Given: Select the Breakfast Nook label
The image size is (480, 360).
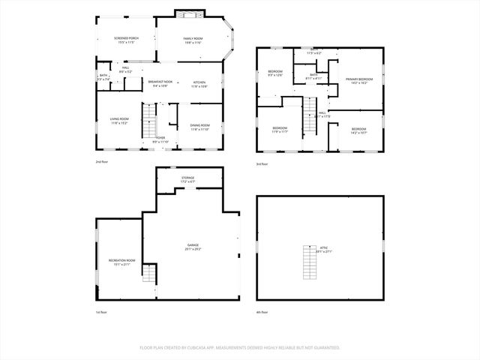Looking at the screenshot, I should pos(160,83).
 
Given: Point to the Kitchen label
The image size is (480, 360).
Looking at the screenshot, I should pos(199,83).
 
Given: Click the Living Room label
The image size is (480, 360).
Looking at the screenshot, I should pos(120,121).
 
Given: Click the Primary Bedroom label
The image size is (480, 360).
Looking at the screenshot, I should pos(359,80).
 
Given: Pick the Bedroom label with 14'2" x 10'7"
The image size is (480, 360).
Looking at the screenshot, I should pos(358,130).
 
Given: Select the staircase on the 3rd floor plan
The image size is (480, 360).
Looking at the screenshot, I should pos(307,118).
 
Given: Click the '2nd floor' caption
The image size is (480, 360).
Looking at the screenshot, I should pos(101,162).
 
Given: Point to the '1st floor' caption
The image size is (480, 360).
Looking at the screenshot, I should pos(101,312).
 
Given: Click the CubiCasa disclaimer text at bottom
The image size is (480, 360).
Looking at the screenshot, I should pos(240,348).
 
